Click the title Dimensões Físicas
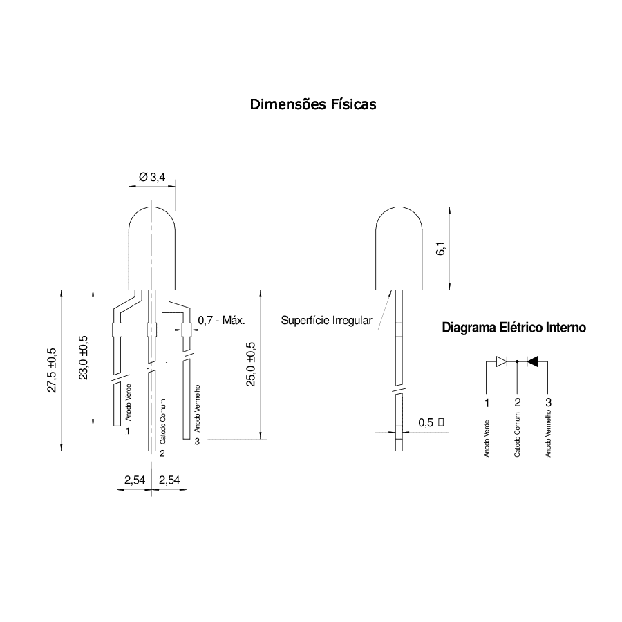coord(313,104)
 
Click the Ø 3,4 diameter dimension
coord(152,177)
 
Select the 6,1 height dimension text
coord(441,248)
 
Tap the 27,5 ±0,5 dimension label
coord(52,370)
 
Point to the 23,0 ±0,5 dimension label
coord(84,357)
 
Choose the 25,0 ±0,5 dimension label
coord(251,364)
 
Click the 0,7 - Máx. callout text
coord(221,320)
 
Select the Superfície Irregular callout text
coord(326,320)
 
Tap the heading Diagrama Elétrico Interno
coord(513,328)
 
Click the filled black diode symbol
coord(532,361)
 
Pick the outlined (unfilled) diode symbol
coord(502,361)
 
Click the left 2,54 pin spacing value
coord(135,480)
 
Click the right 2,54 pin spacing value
coord(169,480)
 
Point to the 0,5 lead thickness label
coord(426,422)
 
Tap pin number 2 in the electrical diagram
coord(517,403)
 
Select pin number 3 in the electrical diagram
coord(548,403)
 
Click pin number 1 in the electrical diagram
coord(487,403)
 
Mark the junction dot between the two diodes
coord(517,361)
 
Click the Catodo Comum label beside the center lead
coord(162,422)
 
